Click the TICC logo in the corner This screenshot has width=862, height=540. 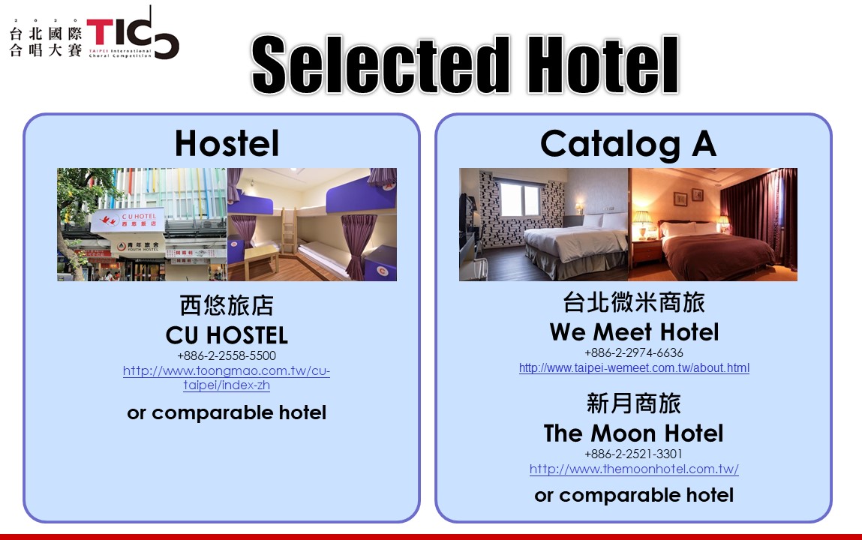click(x=94, y=34)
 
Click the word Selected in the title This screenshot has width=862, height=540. click(x=380, y=64)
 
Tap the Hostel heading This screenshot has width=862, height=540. click(x=227, y=143)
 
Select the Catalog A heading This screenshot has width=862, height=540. click(x=628, y=145)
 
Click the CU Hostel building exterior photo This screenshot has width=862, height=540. click(x=142, y=225)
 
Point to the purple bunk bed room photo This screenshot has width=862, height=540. click(x=311, y=225)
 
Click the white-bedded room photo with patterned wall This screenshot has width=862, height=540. click(x=544, y=225)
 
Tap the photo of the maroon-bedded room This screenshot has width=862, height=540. click(x=713, y=225)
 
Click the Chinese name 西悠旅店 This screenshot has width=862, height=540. click(x=227, y=305)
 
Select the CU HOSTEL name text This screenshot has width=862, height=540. click(x=227, y=335)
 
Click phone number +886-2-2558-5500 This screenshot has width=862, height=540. click(x=227, y=356)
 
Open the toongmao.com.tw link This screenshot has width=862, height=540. click(x=227, y=378)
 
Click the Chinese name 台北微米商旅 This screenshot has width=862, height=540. click(x=634, y=302)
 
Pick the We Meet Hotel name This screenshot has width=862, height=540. click(x=634, y=331)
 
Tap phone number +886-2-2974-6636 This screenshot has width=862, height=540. click(x=634, y=352)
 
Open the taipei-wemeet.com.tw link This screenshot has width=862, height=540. click(x=634, y=368)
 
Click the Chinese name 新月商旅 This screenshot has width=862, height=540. click(x=634, y=403)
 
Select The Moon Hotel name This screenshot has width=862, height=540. click(x=634, y=433)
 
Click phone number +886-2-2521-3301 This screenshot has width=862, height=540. click(x=634, y=454)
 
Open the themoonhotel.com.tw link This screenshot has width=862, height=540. click(x=634, y=469)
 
